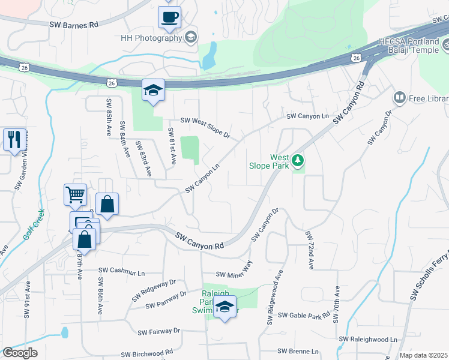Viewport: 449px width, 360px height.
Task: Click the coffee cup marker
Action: tap(169, 16)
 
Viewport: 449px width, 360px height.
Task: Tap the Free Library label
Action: tap(428, 97)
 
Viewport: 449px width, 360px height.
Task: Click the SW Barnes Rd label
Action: tap(73, 25)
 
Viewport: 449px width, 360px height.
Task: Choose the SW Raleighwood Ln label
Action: tap(369, 340)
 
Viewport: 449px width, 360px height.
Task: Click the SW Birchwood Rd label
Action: tap(147, 354)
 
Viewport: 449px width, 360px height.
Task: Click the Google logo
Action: tap(20, 353)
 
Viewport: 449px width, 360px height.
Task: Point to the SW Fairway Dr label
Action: tap(158, 331)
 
